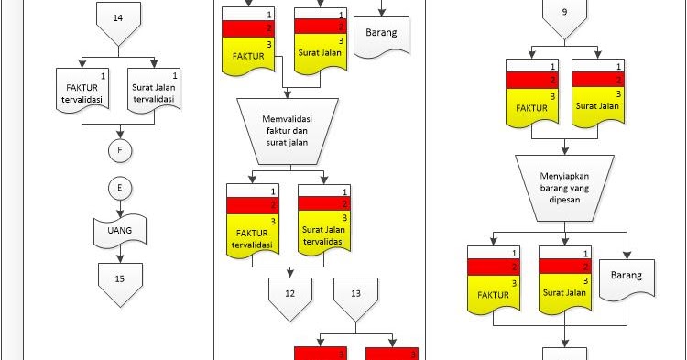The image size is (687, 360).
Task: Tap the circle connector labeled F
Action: pos(117,148)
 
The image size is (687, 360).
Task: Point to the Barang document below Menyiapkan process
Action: pos(628,276)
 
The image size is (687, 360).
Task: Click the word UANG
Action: pos(117,232)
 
